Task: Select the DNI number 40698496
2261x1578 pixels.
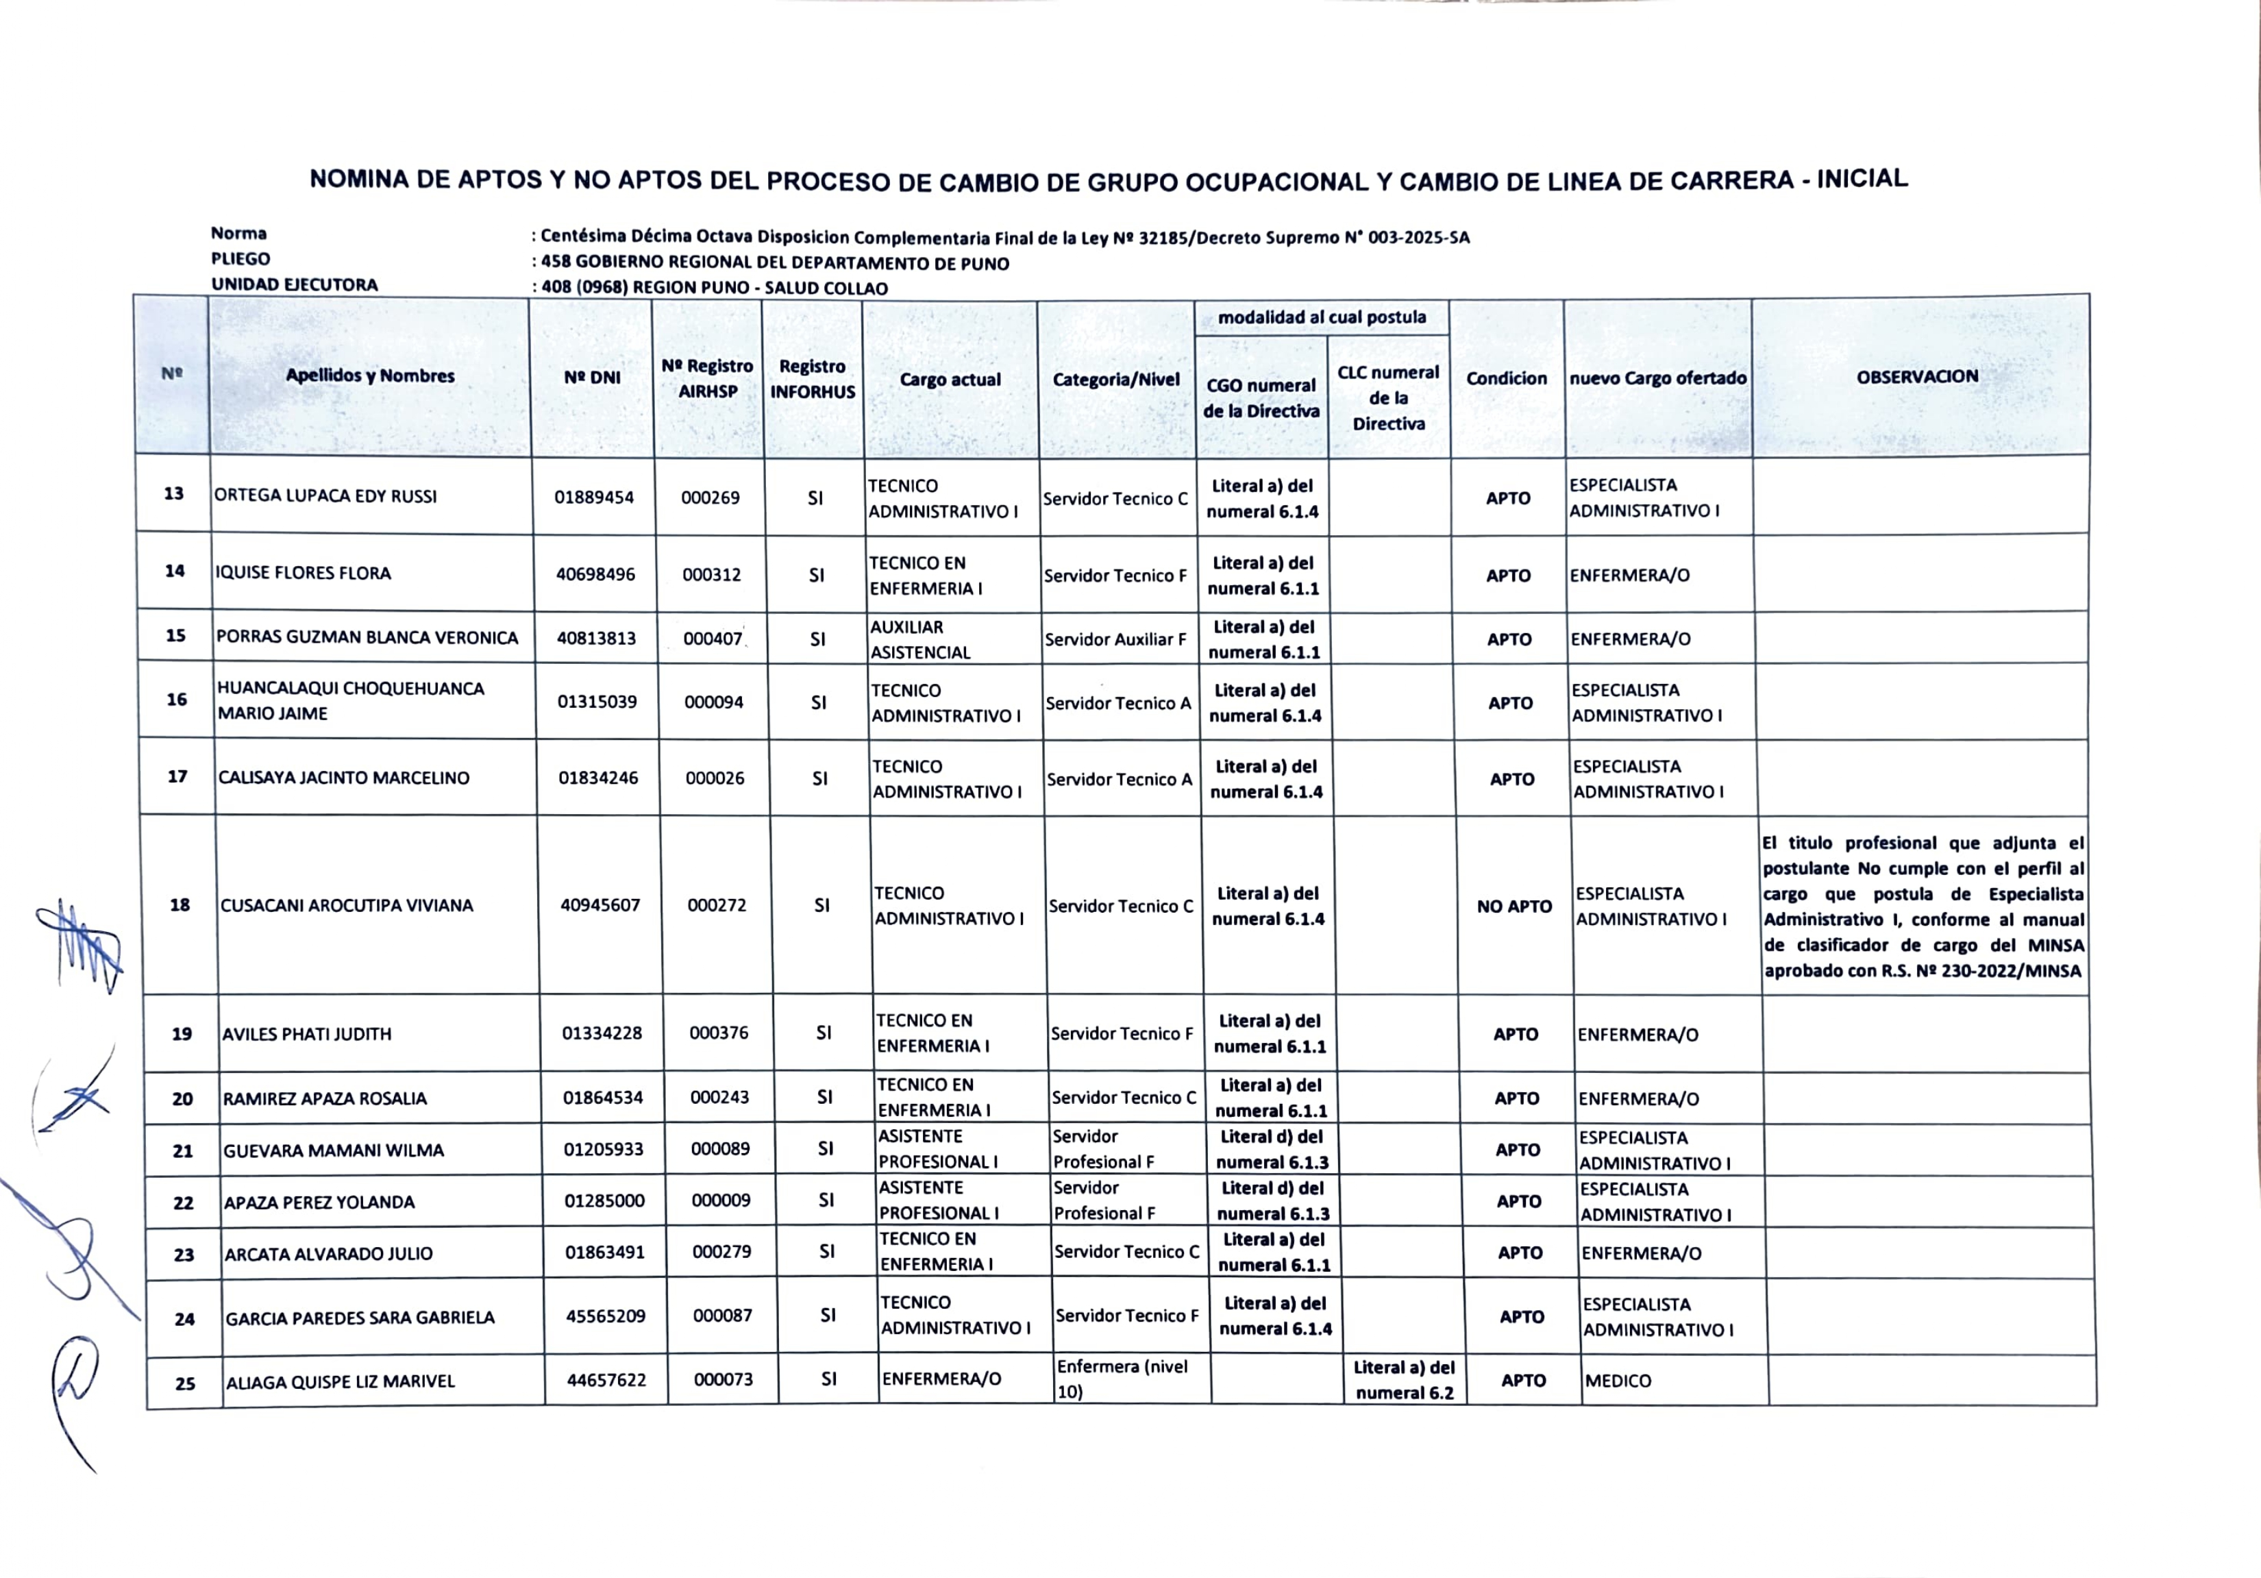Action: pos(595,574)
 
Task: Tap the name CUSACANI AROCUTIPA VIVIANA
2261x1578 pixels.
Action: pos(345,905)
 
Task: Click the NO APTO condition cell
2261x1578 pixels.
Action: pos(1513,907)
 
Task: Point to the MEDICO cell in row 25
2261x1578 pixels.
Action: pos(1617,1381)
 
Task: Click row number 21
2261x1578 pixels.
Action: pos(183,1150)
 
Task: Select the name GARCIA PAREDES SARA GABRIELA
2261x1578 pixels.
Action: pos(360,1318)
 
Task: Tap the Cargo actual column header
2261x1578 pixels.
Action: pos(950,379)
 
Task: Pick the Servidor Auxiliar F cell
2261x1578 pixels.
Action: pos(1115,639)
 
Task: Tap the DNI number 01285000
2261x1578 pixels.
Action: pos(604,1200)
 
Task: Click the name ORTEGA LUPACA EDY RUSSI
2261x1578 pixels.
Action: pos(325,497)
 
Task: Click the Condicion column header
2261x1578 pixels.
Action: pos(1506,378)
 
